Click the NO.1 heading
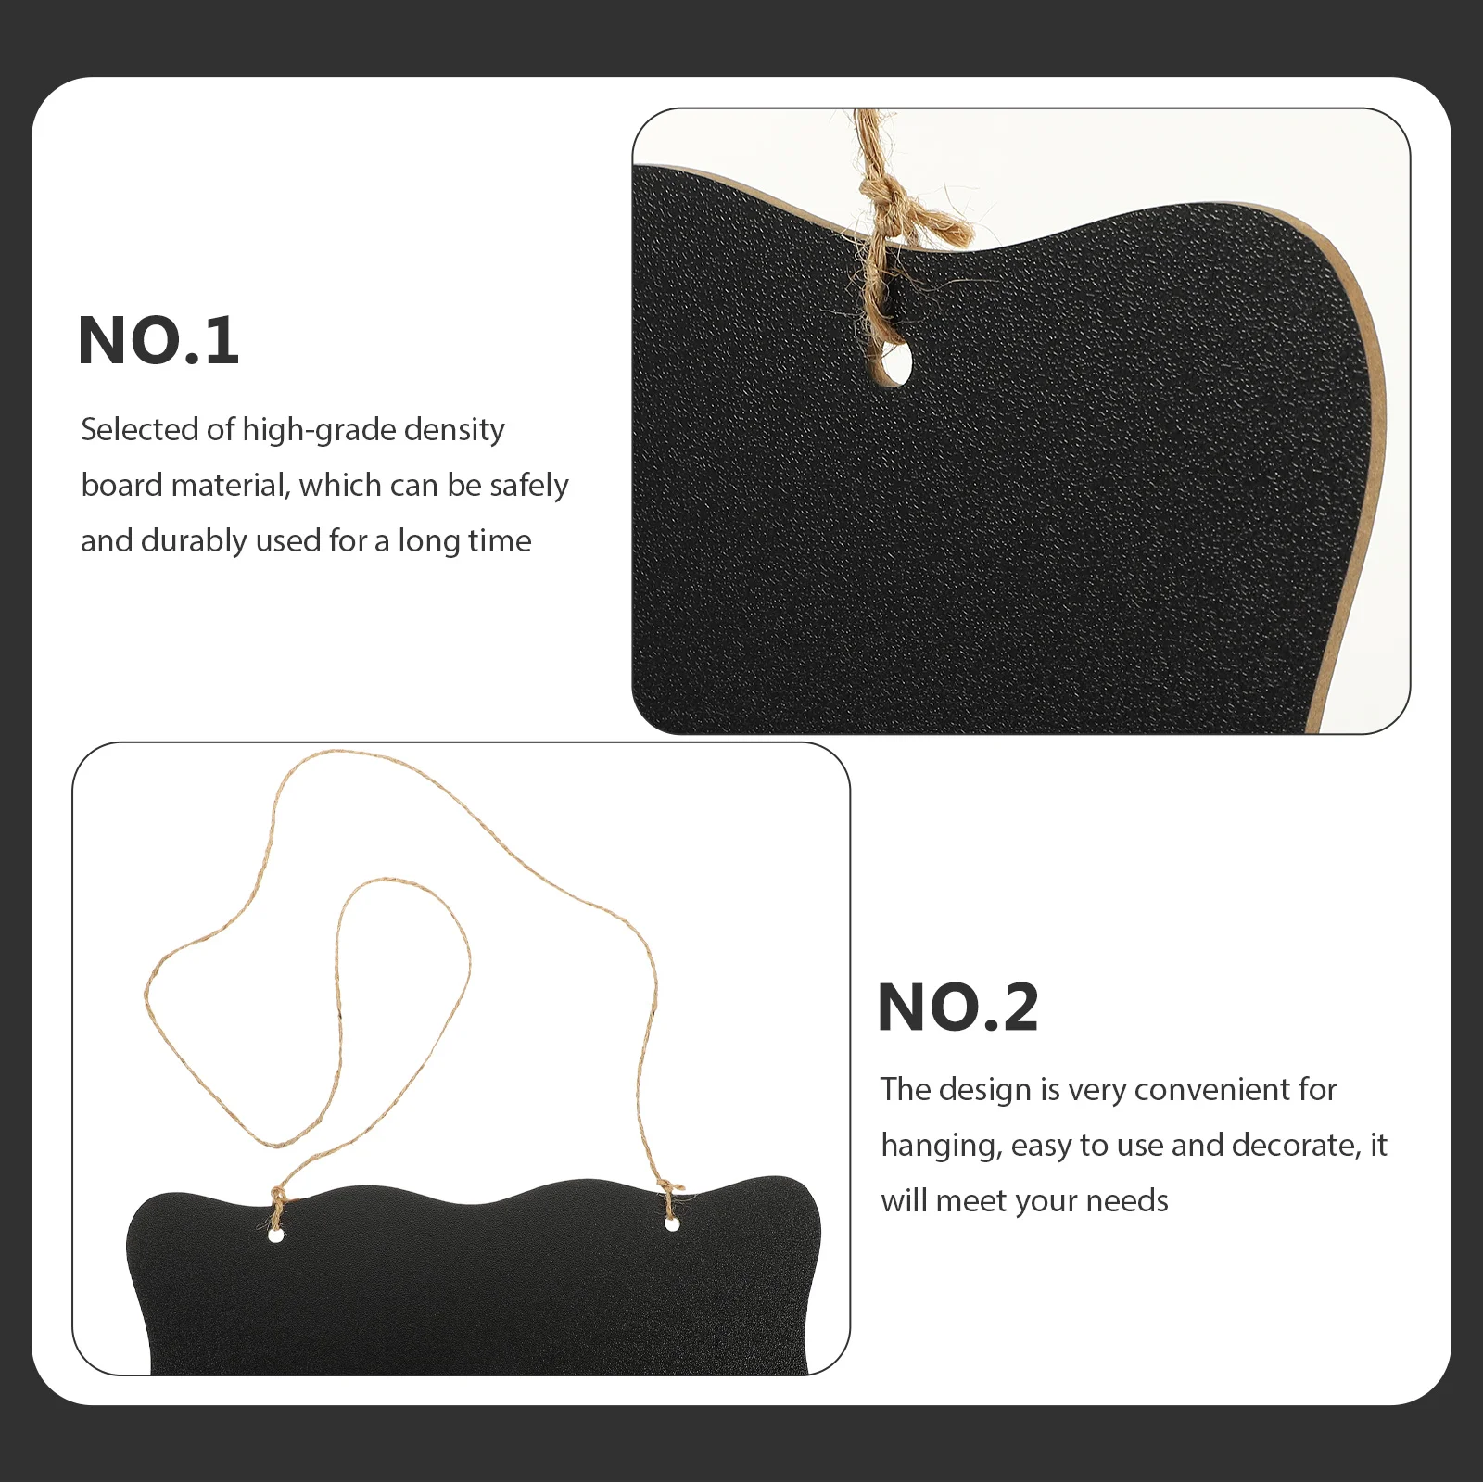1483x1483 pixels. [158, 341]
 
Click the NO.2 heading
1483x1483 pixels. [957, 1008]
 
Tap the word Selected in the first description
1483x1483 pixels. [139, 429]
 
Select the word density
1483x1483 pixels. [454, 431]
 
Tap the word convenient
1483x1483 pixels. [1206, 1090]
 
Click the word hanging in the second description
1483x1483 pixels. [940, 1147]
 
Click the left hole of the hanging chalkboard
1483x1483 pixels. [275, 1236]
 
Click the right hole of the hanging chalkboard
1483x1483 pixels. [672, 1225]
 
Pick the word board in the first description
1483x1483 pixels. [121, 486]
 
